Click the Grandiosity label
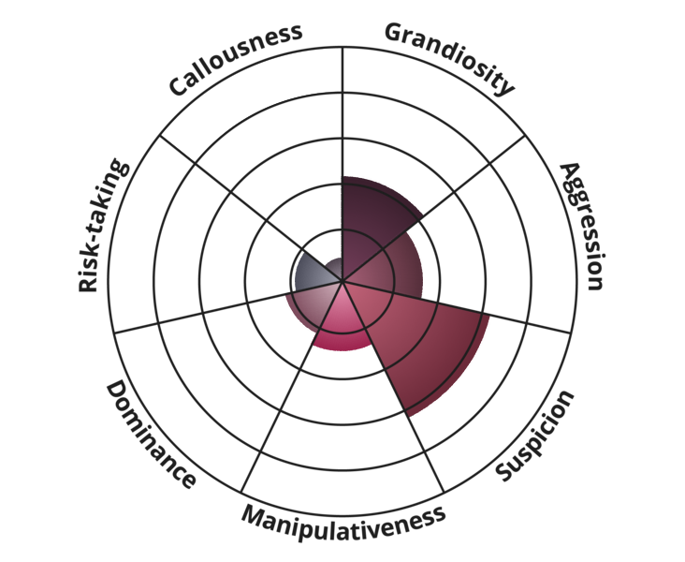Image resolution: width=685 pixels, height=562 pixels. [449, 58]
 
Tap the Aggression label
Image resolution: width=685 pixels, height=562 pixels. [582, 226]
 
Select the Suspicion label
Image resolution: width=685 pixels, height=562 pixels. [534, 436]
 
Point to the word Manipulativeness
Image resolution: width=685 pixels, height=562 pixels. [343, 523]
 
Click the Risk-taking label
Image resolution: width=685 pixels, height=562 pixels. [103, 225]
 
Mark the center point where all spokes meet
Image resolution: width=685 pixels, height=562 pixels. [342, 281]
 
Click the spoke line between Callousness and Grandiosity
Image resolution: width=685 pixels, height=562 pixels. [342, 164]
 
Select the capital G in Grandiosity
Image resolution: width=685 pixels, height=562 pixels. [394, 33]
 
